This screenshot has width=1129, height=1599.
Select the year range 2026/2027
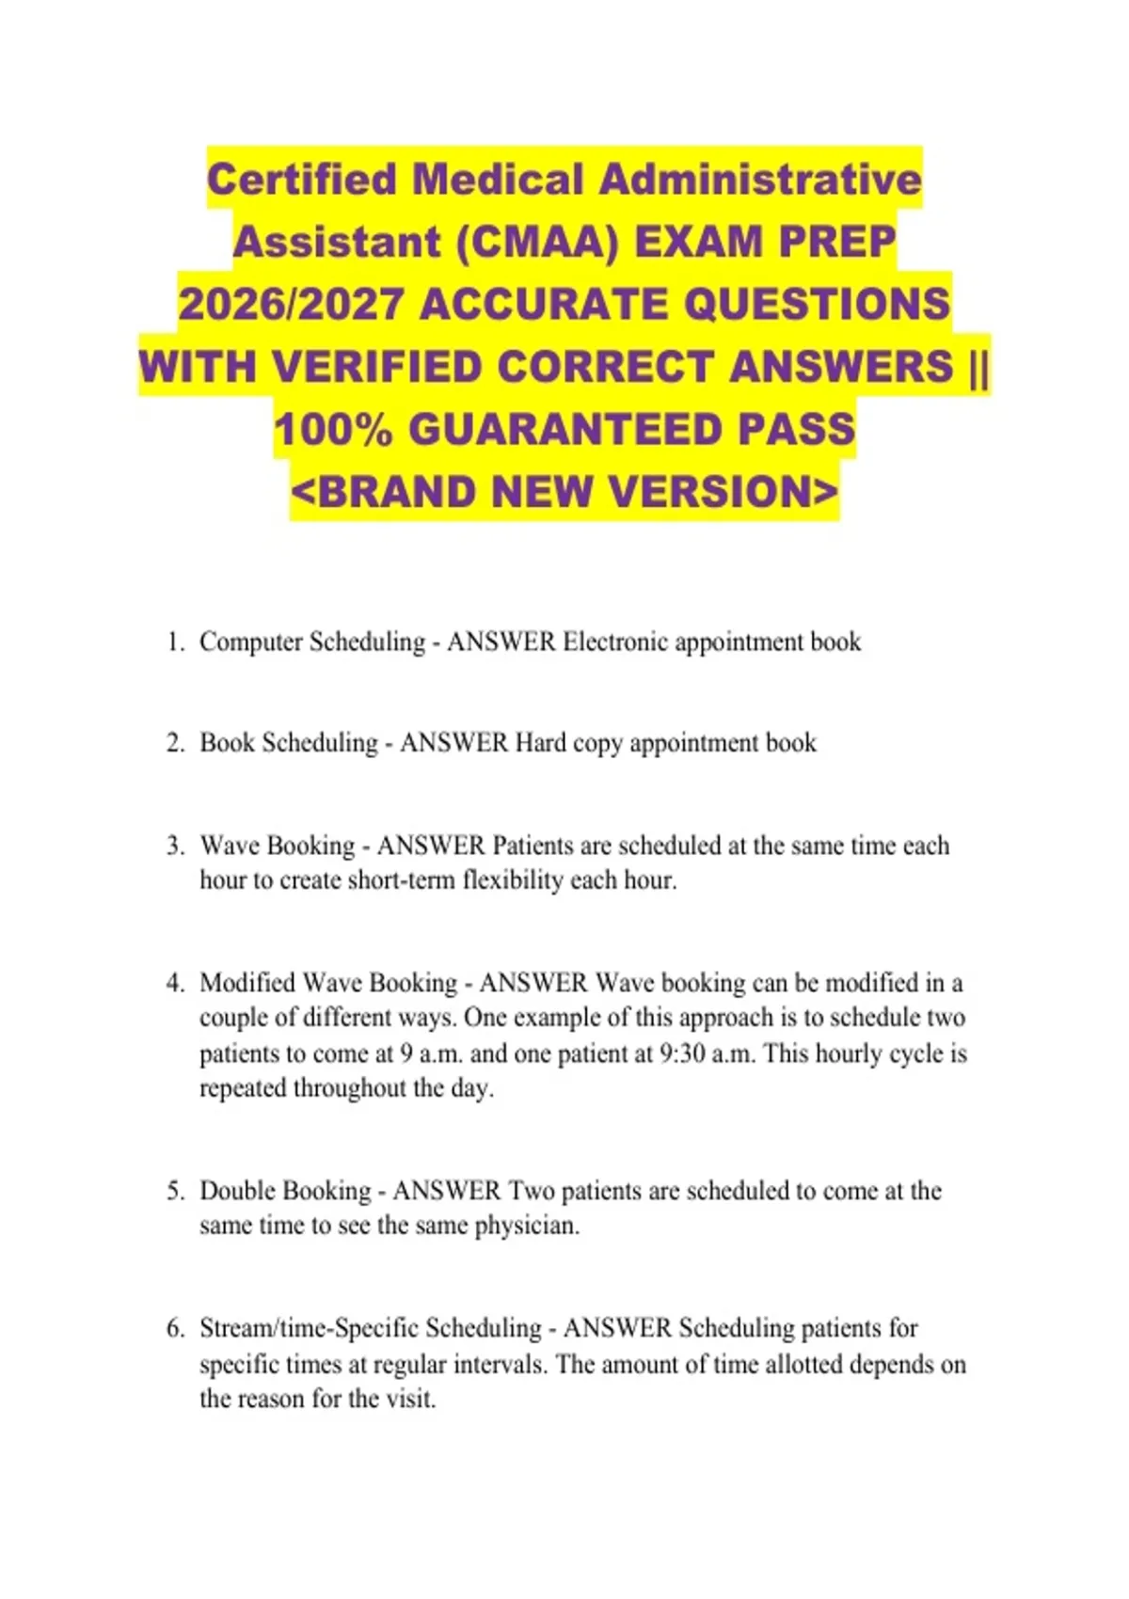pyautogui.click(x=292, y=305)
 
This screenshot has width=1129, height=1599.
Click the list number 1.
pyautogui.click(x=175, y=642)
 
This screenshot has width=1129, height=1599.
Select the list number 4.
pyautogui.click(x=175, y=983)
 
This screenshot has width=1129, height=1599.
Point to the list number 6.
pyautogui.click(x=175, y=1328)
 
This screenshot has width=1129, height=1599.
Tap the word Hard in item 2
pyautogui.click(x=540, y=743)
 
